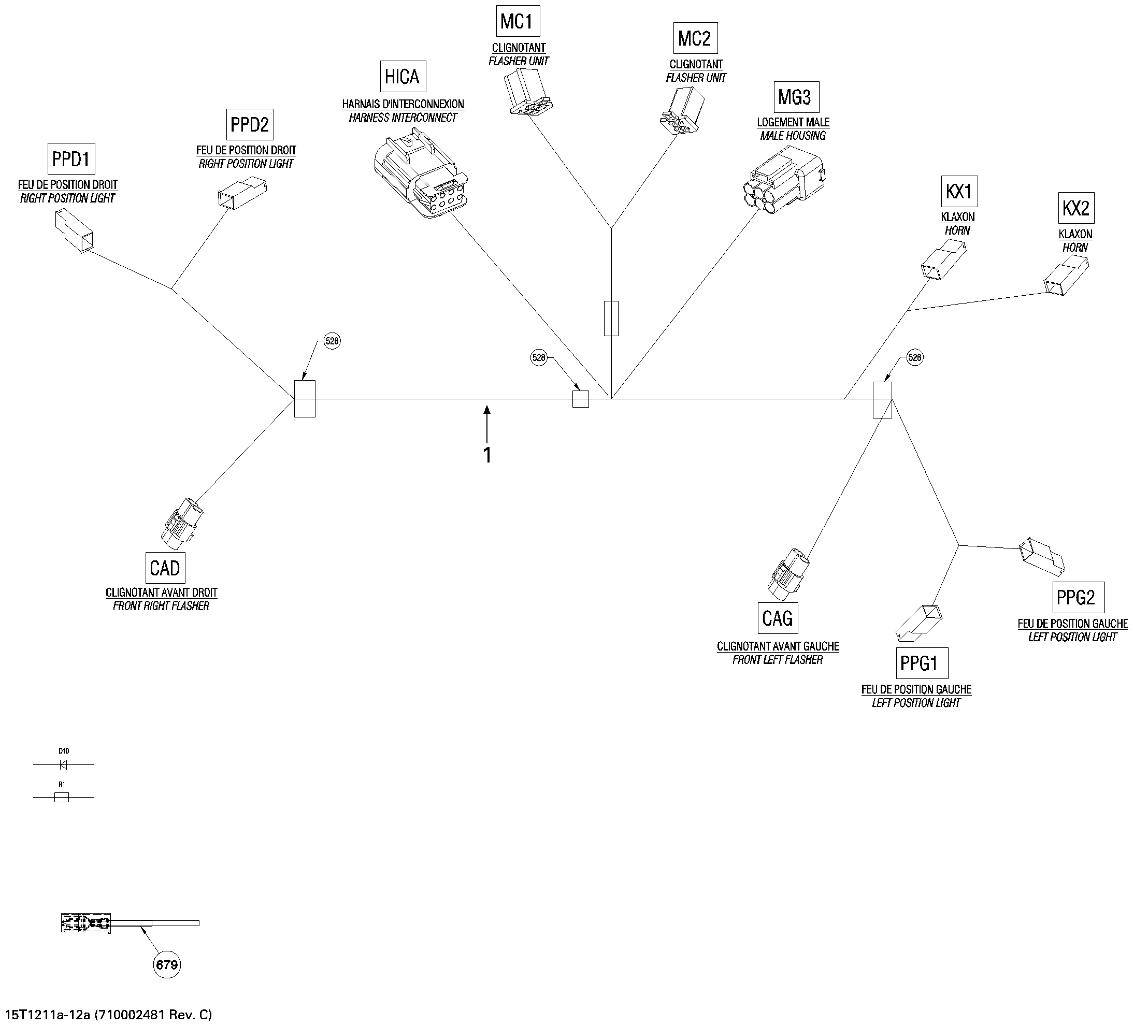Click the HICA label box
click(403, 76)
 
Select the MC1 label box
click(517, 21)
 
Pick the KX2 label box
click(1076, 208)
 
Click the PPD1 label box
click(71, 158)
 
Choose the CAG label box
click(778, 618)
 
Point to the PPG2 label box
click(1078, 597)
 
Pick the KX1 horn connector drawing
click(943, 259)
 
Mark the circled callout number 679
click(166, 965)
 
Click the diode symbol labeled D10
click(64, 764)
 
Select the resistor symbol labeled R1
click(62, 797)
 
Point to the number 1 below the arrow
click(487, 455)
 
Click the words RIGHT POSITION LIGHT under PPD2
click(246, 164)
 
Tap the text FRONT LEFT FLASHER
click(778, 660)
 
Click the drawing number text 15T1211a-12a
click(48, 1015)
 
